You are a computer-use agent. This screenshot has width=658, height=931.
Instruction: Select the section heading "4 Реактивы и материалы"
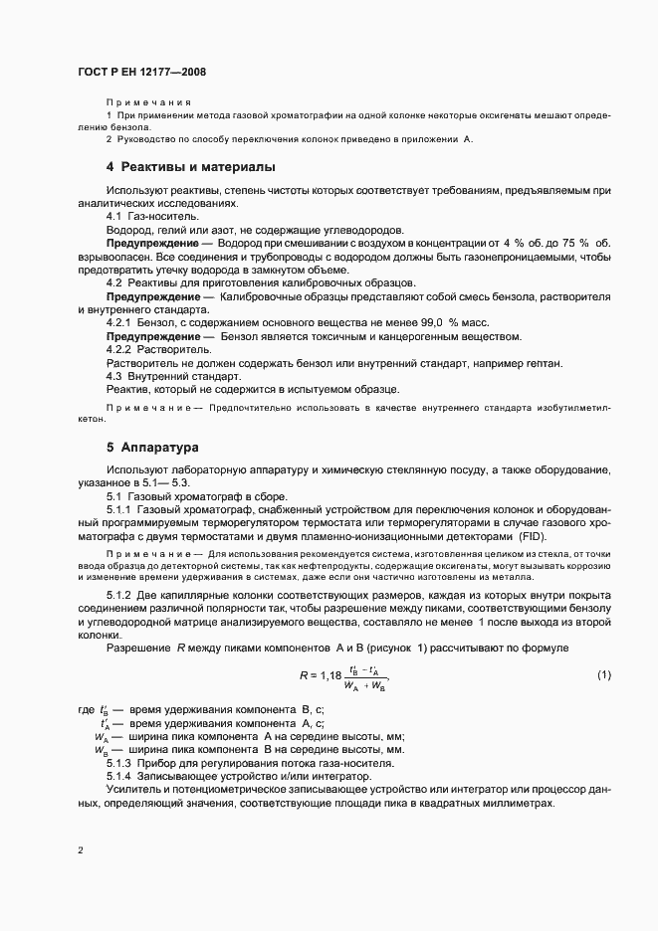[191, 166]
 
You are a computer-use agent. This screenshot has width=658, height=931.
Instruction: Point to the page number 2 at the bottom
[80, 850]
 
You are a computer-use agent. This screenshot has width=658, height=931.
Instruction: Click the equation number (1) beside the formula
[603, 675]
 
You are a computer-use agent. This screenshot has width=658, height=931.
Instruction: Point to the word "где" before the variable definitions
[86, 711]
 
